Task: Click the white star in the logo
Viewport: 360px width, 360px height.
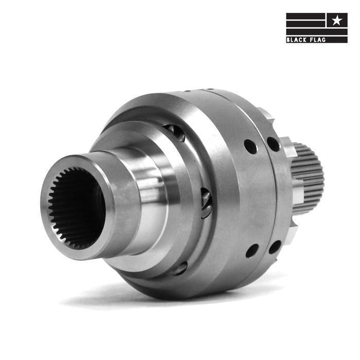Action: pyautogui.click(x=336, y=20)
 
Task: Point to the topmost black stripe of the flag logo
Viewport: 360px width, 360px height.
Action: pyautogui.click(x=305, y=15)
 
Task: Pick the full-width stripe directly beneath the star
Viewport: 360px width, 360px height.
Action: pyautogui.click(x=316, y=32)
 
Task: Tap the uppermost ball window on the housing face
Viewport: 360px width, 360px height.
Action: pyautogui.click(x=176, y=132)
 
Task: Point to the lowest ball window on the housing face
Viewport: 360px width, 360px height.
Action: pyautogui.click(x=179, y=268)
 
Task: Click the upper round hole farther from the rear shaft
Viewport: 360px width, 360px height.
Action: pyautogui.click(x=250, y=147)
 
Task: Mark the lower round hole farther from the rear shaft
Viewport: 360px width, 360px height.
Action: pyautogui.click(x=252, y=250)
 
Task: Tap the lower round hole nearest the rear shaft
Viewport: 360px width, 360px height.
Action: pyautogui.click(x=275, y=247)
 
